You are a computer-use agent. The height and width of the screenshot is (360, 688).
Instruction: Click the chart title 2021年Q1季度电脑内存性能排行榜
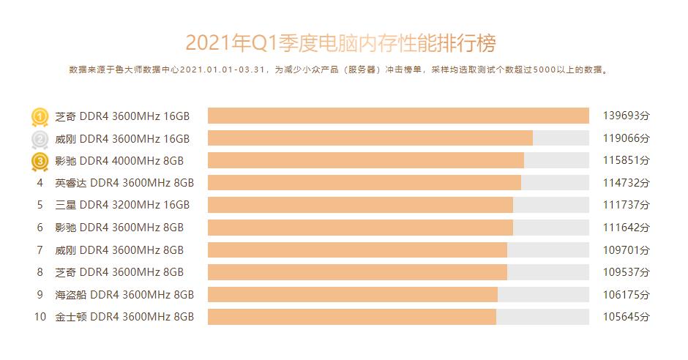click(x=341, y=42)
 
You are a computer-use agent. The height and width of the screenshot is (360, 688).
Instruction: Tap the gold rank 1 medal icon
click(x=40, y=116)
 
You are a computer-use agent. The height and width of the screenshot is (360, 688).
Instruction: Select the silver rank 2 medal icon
click(x=40, y=138)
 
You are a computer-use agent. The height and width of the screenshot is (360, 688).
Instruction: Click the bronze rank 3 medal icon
click(x=40, y=161)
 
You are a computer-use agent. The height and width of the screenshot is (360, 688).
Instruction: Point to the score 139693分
click(x=626, y=116)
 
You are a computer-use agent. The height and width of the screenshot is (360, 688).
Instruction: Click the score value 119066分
click(x=626, y=138)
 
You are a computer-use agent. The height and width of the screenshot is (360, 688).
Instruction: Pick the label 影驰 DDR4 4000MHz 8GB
click(x=119, y=161)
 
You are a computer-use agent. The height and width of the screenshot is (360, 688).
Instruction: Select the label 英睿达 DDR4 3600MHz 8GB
click(x=124, y=183)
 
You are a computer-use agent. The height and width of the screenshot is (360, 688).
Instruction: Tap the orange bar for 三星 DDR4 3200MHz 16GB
click(x=360, y=205)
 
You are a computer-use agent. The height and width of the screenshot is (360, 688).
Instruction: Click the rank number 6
click(x=40, y=228)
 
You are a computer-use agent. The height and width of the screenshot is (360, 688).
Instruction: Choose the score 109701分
click(x=626, y=250)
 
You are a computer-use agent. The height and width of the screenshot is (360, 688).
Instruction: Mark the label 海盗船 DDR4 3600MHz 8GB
click(x=124, y=294)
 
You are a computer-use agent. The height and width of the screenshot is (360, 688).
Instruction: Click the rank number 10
click(x=40, y=317)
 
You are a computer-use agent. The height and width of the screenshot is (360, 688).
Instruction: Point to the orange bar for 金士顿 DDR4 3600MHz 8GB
click(x=351, y=317)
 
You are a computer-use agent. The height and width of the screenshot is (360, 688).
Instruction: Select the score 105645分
click(x=626, y=317)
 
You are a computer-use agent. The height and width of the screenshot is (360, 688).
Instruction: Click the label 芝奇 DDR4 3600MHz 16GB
click(x=122, y=116)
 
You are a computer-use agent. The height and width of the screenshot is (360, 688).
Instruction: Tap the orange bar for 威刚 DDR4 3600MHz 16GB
click(x=370, y=138)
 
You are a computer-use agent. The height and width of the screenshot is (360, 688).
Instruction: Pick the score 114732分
click(x=626, y=183)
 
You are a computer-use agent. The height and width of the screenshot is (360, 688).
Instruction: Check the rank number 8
click(x=40, y=272)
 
